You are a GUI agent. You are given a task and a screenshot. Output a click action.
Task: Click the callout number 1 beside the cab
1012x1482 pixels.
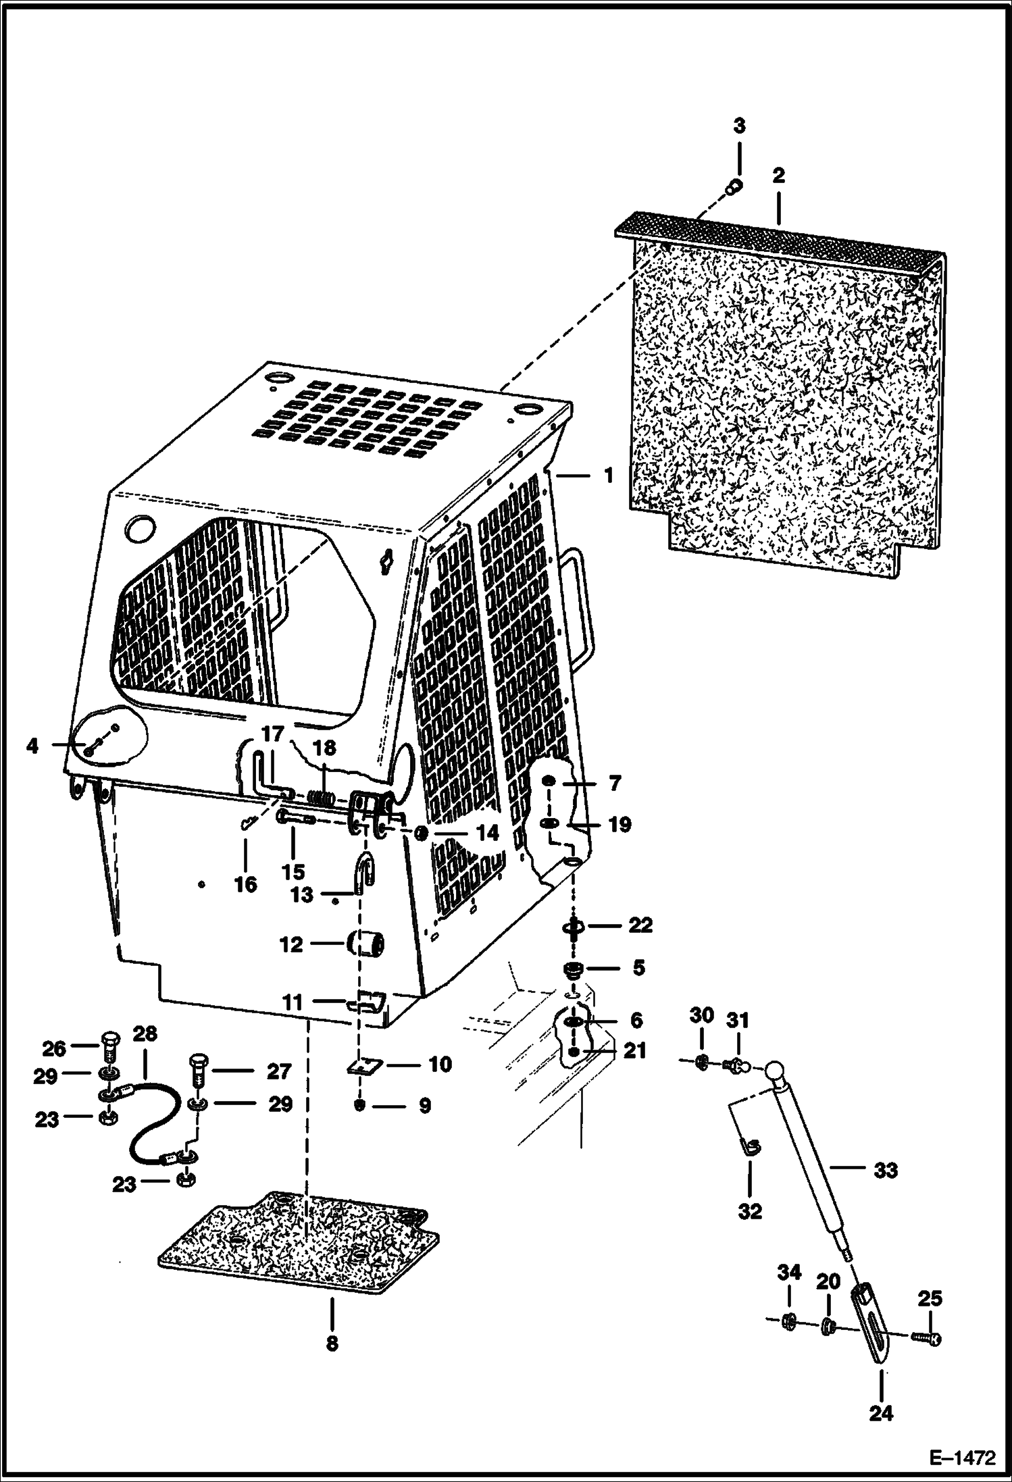pyautogui.click(x=609, y=476)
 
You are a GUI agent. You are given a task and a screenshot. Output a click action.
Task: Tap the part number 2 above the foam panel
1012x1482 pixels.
pyautogui.click(x=778, y=176)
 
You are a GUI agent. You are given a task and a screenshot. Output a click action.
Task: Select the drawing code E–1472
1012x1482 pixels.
pyautogui.click(x=963, y=1458)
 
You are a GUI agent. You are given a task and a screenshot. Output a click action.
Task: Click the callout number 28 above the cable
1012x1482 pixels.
pyautogui.click(x=145, y=1034)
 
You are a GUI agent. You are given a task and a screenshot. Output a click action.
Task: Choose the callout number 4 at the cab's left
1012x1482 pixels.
pyautogui.click(x=32, y=746)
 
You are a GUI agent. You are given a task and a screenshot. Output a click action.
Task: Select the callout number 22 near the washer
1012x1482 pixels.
pyautogui.click(x=639, y=925)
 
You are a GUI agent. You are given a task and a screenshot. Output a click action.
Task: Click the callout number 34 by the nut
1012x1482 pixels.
pyautogui.click(x=788, y=1272)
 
